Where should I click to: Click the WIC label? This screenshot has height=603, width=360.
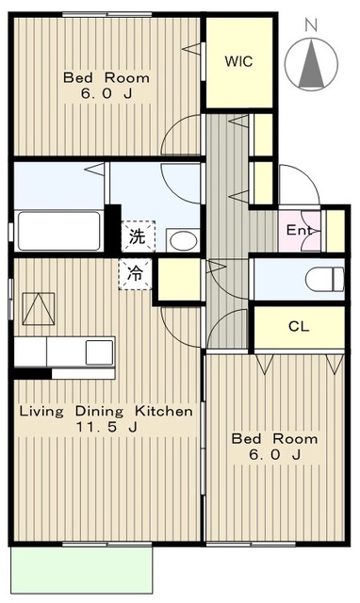click(238, 61)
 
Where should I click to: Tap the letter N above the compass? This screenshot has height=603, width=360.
click(311, 25)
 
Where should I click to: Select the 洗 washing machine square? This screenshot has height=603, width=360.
click(139, 236)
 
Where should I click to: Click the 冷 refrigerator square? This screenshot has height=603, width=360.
click(136, 274)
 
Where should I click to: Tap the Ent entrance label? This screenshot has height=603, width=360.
click(300, 230)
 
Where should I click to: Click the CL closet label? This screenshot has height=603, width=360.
click(299, 327)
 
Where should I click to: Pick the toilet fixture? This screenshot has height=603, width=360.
click(324, 280)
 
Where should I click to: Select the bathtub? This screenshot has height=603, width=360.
click(59, 231)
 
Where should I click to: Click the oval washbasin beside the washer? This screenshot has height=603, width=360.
click(184, 241)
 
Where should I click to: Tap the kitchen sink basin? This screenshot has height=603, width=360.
click(99, 352)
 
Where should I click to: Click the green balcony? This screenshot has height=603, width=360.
click(82, 570)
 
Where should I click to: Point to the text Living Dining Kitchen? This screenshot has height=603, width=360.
click(106, 411)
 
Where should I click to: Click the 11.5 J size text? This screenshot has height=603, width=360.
click(106, 427)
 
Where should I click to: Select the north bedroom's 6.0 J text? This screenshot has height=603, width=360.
click(106, 93)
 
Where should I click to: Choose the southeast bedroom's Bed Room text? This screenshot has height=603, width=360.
click(274, 439)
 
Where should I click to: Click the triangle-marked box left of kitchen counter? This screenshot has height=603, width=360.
click(38, 309)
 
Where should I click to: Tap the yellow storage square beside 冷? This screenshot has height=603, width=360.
click(179, 280)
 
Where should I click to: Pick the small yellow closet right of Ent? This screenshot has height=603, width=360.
click(335, 231)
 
